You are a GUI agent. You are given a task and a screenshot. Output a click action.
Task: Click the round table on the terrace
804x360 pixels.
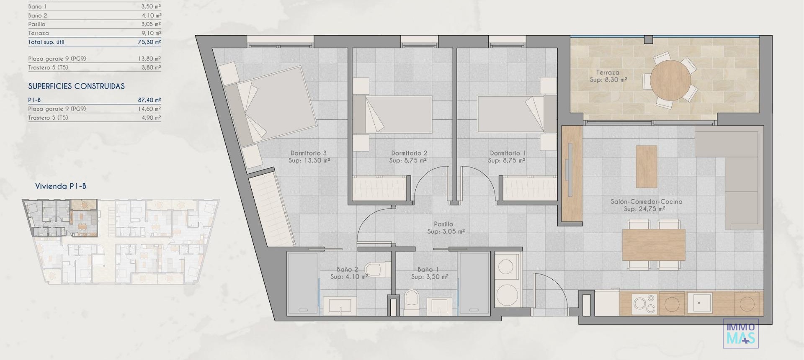pos(670,80)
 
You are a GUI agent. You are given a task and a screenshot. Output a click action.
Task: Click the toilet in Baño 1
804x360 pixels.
pos(412,302)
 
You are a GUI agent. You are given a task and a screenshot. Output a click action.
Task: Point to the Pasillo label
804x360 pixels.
pos(443,224)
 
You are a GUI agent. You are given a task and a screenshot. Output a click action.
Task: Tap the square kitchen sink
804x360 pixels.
pos(699,303)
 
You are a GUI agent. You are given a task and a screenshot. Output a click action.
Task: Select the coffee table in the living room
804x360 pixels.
pos(646,166)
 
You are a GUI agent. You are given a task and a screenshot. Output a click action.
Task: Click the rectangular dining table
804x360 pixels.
pos(653,245)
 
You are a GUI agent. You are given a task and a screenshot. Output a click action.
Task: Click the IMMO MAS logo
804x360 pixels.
pos(740,334)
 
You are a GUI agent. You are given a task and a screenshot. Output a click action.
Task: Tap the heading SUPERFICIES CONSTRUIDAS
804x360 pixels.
pos(76,86)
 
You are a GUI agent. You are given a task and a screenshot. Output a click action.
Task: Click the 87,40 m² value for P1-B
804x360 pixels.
pos(149,100)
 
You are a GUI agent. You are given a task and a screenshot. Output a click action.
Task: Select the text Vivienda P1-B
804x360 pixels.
pos(61,186)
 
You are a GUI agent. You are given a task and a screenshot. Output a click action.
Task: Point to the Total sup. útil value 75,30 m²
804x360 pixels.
pos(149,42)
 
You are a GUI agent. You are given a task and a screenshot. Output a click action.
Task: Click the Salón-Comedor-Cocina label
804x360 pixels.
pos(646,201)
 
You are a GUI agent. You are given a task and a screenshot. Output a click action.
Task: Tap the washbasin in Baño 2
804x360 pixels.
pos(340,306)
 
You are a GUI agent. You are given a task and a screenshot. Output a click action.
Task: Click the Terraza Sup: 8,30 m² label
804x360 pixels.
pos(608,76)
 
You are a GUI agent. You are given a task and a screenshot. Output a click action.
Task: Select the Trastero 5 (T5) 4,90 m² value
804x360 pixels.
pos(151,118)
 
